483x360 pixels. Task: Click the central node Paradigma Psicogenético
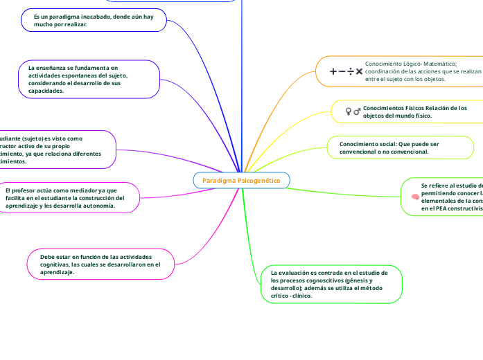241,181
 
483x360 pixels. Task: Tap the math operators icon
346,71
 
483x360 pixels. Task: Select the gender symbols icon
353,111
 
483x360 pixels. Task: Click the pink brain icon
414,197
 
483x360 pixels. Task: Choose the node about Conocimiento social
401,147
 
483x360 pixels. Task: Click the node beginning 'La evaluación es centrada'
331,284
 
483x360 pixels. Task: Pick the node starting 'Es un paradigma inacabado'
94,20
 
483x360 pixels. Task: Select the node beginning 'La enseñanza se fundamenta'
89,80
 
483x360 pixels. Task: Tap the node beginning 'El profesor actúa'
66,197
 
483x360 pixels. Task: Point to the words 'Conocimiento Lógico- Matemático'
406,63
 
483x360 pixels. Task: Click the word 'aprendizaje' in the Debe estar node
57,272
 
